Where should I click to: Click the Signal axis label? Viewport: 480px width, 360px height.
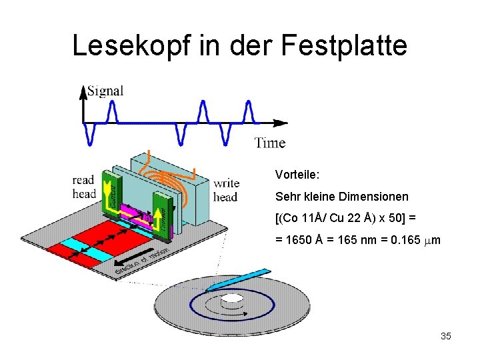coord(105,91)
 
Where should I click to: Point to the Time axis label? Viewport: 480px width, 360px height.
coord(270,143)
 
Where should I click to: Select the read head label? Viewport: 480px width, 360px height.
coord(84,187)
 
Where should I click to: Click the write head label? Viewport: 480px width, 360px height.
coord(226,190)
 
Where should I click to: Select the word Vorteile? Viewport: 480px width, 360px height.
coord(297,175)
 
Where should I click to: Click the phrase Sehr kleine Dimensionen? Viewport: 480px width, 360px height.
coord(341,197)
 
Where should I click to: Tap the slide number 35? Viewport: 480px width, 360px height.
coord(445,336)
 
